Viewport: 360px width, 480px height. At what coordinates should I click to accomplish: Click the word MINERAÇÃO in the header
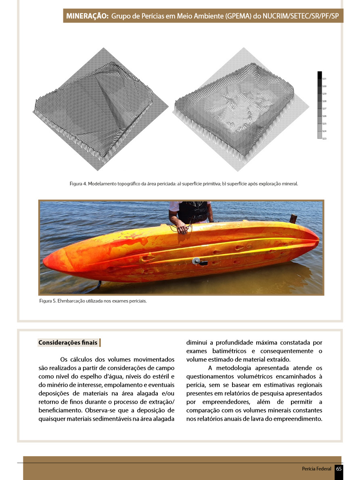pos(87,17)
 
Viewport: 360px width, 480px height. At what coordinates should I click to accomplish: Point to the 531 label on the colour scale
pos(324,79)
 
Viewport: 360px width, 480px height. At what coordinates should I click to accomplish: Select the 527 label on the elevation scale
pos(324,109)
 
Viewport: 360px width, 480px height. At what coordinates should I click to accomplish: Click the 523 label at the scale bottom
pos(324,138)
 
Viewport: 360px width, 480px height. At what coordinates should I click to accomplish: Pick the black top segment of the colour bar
pos(319,75)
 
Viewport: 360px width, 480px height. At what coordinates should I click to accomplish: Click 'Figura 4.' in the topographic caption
pos(78,184)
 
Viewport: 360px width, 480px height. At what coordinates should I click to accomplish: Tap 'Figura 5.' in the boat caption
pos(48,301)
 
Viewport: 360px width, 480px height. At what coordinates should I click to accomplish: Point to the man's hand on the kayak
pos(182,230)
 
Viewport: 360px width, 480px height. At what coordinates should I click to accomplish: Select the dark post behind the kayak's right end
pos(293,218)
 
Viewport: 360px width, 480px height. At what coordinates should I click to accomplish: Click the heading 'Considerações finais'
pos(68,343)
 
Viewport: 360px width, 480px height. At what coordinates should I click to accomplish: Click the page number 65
pos(339,469)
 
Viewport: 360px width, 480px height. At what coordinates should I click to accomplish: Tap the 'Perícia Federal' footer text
pos(316,469)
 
